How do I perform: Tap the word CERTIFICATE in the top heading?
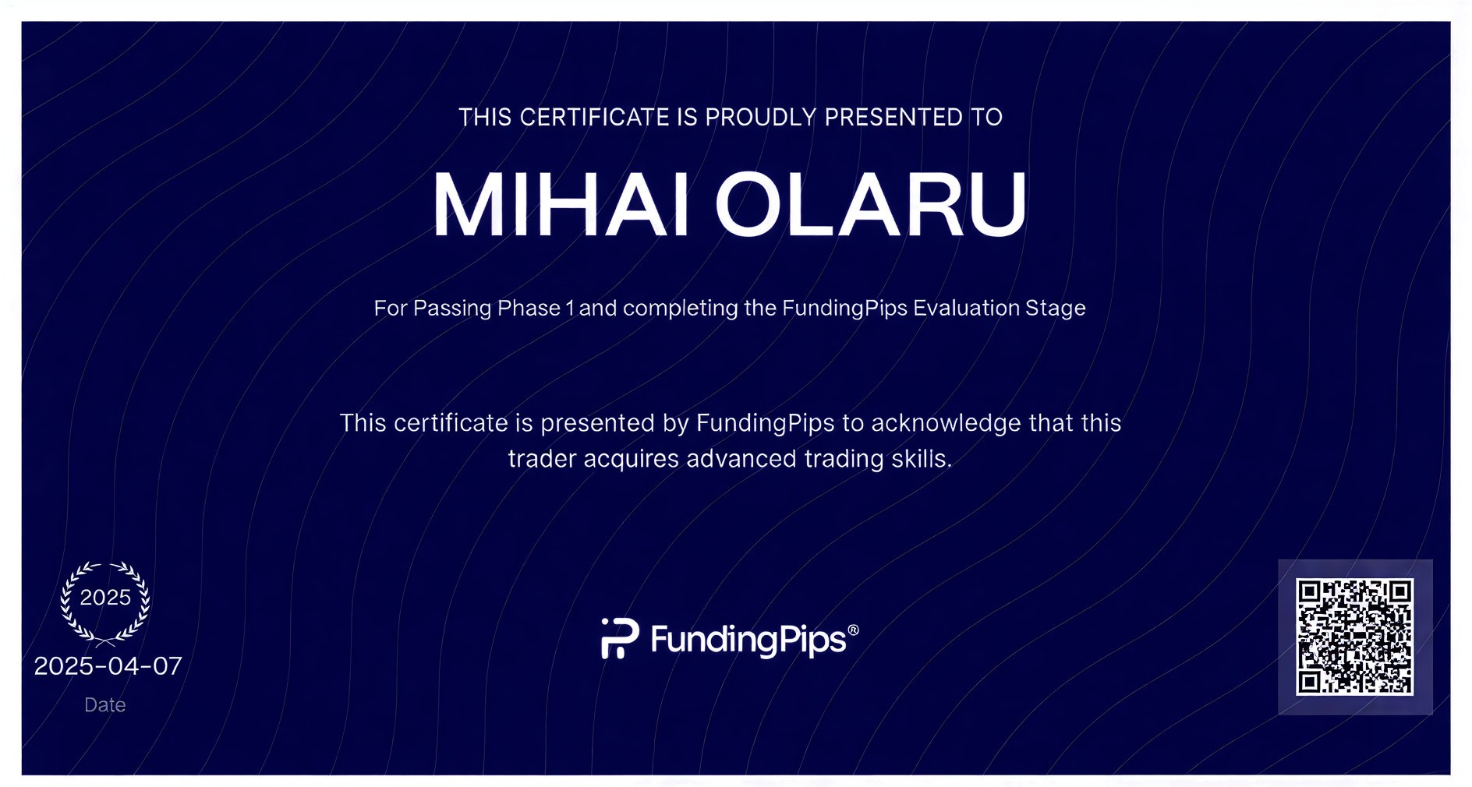click(595, 117)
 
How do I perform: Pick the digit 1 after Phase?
click(570, 308)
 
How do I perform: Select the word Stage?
click(1056, 309)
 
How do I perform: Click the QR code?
click(1355, 637)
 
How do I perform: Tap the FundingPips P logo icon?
click(620, 638)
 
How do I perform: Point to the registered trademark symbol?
click(853, 630)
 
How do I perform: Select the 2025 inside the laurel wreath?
click(105, 598)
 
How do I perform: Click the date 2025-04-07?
click(108, 666)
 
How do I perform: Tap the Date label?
click(105, 704)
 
